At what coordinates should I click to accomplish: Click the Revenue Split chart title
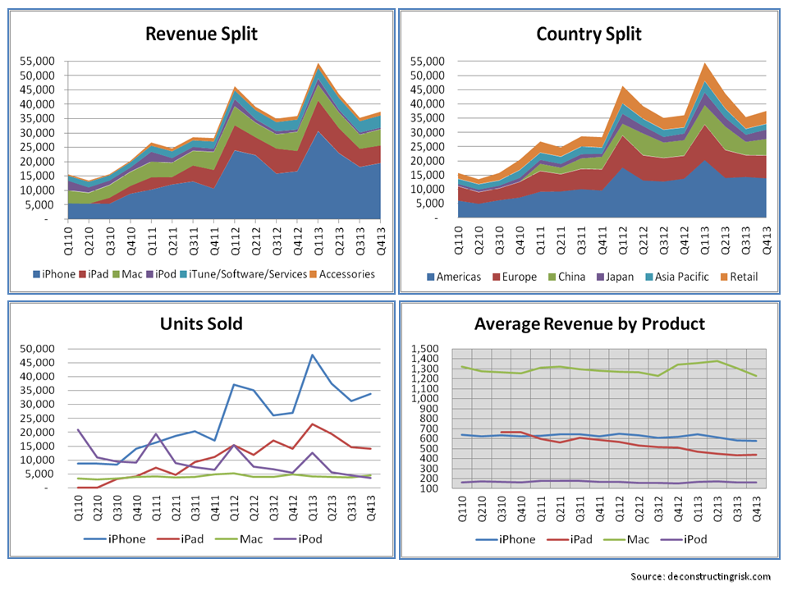coord(201,34)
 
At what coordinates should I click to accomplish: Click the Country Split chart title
coord(589,34)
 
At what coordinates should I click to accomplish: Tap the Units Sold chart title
coord(201,323)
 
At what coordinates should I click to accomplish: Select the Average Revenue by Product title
coord(589,323)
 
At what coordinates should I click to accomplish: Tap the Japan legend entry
coord(620,276)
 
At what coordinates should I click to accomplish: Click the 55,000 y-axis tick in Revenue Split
coord(33,62)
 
